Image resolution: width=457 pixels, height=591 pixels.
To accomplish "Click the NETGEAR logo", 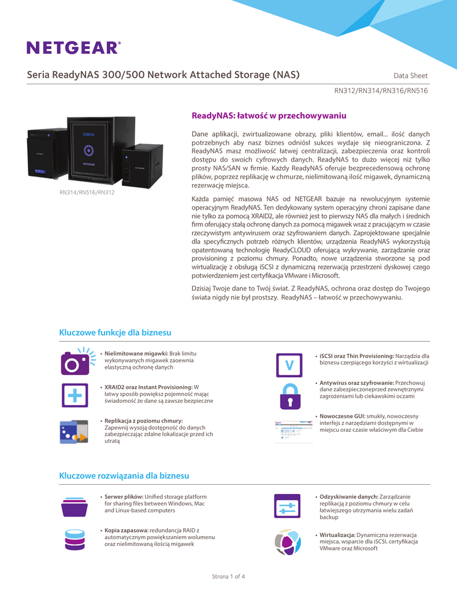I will pos(74,47).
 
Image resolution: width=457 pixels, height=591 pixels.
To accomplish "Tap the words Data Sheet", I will pos(410,76).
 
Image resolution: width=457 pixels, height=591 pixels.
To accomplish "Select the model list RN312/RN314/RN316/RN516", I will pos(381,91).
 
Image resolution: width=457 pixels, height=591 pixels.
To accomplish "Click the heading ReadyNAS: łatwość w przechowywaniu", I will pos(268,116).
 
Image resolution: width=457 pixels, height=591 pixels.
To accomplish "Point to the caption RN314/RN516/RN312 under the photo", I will pos(87,192).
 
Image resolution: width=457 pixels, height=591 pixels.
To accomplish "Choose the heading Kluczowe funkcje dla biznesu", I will pos(116,332).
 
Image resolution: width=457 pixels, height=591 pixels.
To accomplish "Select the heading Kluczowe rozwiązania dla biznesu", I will pos(124,476).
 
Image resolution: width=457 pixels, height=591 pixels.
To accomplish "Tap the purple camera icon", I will pos(75,361).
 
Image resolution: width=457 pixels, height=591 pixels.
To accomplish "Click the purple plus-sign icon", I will pos(75,394).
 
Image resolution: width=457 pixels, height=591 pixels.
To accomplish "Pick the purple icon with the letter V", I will pos(288,365).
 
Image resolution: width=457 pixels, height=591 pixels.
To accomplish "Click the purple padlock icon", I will pos(288,396).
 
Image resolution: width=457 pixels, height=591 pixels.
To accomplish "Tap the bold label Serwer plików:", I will pos(124,497).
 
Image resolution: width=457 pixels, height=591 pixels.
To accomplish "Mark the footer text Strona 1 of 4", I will pos(229,576).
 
